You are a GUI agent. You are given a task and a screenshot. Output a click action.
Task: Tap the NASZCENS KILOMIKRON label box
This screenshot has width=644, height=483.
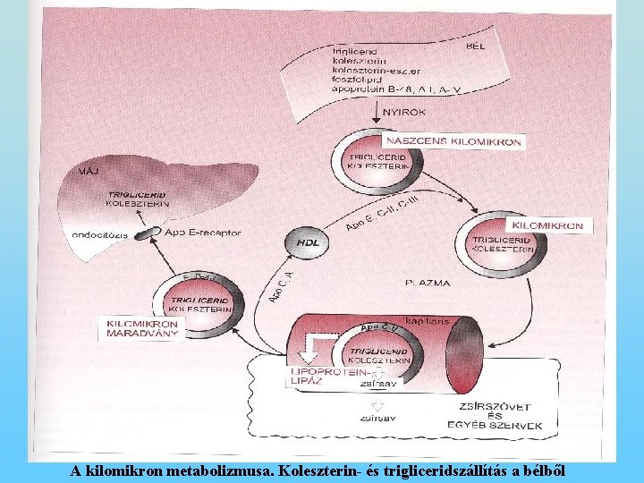(x=453, y=140)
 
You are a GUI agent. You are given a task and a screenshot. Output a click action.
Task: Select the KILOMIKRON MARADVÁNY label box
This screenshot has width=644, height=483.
(x=142, y=328)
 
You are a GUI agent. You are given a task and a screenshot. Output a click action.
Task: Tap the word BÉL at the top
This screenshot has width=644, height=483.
(x=475, y=46)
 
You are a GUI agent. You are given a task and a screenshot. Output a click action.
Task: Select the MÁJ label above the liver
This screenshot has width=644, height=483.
(x=90, y=170)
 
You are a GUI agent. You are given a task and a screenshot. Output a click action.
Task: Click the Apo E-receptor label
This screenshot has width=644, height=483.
(x=203, y=233)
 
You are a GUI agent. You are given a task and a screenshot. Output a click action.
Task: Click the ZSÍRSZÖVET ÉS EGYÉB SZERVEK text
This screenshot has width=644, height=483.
(x=494, y=416)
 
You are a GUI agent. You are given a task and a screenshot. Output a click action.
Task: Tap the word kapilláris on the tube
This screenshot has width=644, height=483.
(x=425, y=319)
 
